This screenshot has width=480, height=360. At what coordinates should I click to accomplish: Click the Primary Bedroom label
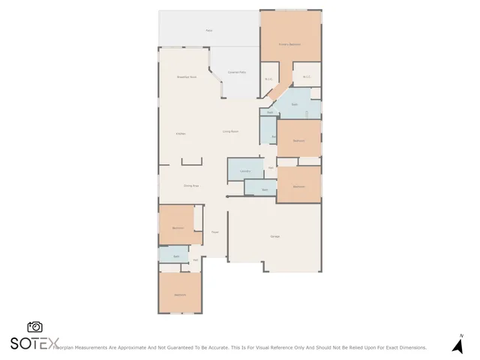point(289,45)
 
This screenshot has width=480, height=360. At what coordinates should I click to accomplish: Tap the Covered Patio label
point(238,72)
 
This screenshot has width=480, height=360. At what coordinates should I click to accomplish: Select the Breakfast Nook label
point(186,77)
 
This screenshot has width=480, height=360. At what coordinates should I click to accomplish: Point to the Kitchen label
point(180,133)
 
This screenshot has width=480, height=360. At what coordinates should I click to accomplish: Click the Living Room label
point(230,131)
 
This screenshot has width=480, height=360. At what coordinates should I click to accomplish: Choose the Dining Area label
point(191,185)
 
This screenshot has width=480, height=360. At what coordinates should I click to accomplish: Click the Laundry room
point(244,170)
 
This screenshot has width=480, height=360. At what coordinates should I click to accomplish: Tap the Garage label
point(275,237)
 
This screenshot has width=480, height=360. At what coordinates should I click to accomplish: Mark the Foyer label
point(214,232)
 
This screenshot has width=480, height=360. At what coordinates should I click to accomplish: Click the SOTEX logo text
point(34,343)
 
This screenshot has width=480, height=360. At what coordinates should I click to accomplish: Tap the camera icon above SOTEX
point(34,327)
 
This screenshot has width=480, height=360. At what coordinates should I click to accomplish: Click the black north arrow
point(457,346)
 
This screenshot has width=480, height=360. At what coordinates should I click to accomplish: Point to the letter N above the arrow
point(461,335)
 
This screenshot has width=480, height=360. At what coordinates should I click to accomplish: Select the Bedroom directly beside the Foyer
point(178,227)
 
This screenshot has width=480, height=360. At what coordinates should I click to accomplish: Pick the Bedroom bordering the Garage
point(298,186)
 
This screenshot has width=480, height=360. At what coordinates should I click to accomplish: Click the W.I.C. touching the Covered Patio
point(268,79)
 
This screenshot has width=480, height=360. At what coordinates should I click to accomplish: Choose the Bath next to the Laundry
point(265,190)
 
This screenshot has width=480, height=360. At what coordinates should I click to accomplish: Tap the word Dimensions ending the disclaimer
point(411,348)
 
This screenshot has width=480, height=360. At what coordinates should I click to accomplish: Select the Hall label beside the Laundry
point(271,167)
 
